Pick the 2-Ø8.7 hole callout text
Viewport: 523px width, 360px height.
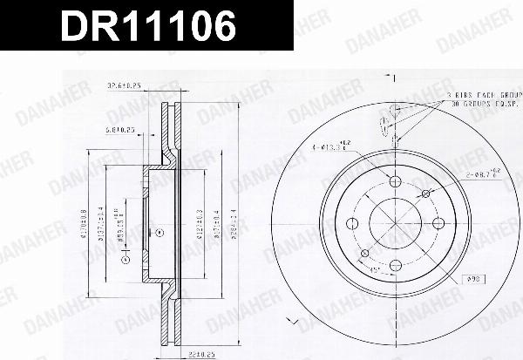tap(479, 175)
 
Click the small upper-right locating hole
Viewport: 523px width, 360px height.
tap(425, 193)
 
